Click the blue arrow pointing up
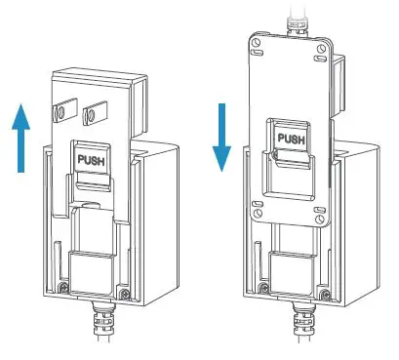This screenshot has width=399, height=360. point(21,139)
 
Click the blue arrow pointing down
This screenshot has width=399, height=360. point(221,138)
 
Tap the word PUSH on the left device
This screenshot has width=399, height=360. point(92,160)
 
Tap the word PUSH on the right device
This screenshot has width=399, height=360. point(292,139)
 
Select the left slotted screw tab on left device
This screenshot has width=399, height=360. point(65,110)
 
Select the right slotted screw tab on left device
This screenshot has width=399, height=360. point(95,113)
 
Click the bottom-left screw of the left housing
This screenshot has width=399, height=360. point(64,287)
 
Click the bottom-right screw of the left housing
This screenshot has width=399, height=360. point(125,294)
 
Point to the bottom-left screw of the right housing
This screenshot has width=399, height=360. point(264,288)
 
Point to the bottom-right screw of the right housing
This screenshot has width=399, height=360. point(325,295)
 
